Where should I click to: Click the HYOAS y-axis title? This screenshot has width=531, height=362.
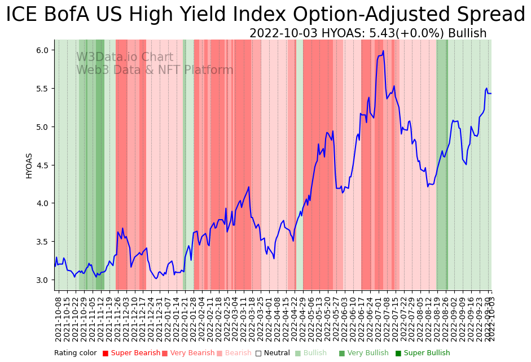[29, 165]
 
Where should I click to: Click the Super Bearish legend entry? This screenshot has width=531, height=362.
[135, 354]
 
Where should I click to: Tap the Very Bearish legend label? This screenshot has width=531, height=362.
[192, 354]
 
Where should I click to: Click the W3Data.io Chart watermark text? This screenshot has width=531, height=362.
[125, 58]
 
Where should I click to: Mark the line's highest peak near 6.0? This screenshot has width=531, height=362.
[383, 51]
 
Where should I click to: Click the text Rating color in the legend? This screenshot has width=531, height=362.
[76, 354]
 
